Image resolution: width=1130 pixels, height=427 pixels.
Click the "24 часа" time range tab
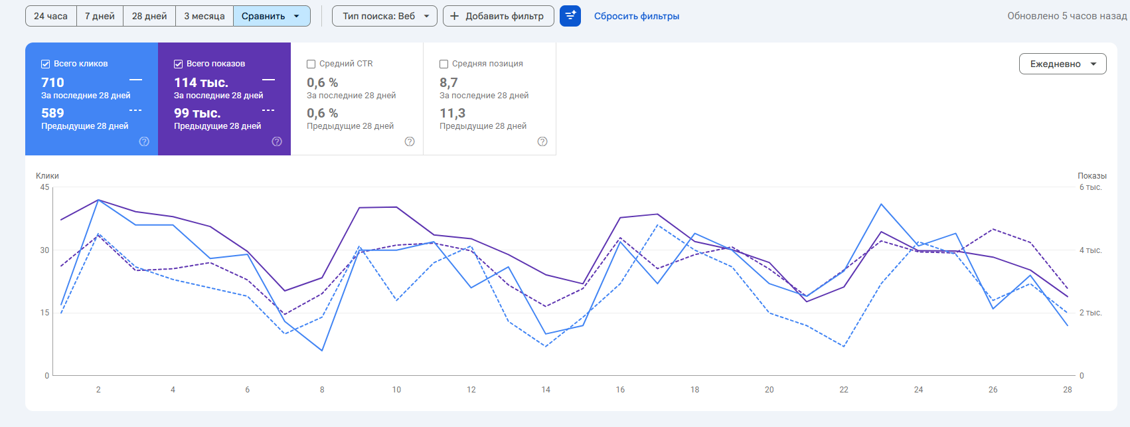click(51, 16)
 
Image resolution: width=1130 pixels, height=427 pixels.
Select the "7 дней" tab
click(100, 16)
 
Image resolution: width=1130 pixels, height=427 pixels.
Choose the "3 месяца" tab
click(204, 16)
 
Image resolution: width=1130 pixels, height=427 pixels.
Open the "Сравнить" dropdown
click(272, 16)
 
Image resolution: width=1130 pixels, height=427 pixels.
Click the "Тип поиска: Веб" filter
click(384, 16)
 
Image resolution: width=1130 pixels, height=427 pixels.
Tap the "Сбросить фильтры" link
click(636, 16)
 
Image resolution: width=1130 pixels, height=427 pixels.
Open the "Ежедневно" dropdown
click(1062, 64)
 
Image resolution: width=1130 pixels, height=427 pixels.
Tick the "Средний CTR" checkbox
click(311, 64)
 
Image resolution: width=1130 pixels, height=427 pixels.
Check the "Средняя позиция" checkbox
click(444, 64)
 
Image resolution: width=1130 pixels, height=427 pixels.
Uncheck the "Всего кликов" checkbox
click(46, 64)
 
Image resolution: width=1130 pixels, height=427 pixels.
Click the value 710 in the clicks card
click(52, 82)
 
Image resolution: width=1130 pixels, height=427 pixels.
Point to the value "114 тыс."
click(201, 82)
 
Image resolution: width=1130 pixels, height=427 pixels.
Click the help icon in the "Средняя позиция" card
click(542, 141)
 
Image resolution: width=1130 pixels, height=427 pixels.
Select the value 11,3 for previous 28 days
click(452, 113)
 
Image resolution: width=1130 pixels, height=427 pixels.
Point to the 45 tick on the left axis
click(44, 187)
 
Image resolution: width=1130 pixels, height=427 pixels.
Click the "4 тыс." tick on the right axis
click(1090, 250)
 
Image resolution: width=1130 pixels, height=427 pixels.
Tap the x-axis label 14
click(546, 390)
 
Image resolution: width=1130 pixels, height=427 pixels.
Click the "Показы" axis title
click(1091, 176)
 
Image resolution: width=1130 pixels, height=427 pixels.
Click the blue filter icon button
click(570, 16)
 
